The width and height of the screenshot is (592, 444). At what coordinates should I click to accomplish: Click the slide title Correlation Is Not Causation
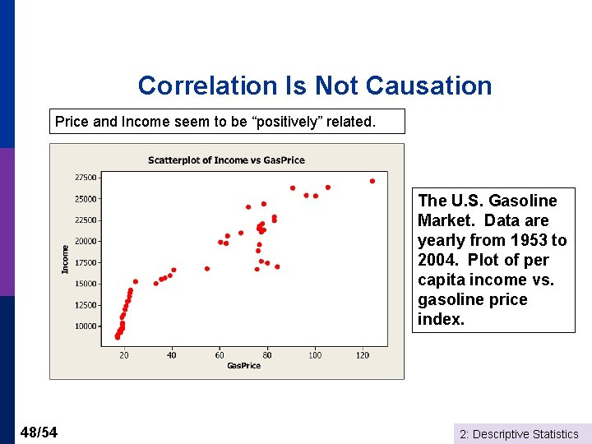click(x=315, y=86)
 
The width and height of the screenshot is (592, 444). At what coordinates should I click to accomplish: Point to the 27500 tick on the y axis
click(x=86, y=178)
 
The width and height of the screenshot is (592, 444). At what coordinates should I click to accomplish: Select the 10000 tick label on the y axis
click(x=86, y=326)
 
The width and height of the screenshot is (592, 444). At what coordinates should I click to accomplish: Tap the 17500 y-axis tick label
click(x=86, y=263)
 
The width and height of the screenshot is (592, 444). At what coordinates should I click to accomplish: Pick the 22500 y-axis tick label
click(x=86, y=220)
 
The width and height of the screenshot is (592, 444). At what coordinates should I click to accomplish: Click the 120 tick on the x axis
click(x=363, y=355)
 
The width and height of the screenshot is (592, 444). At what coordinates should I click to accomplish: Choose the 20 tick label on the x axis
click(x=124, y=355)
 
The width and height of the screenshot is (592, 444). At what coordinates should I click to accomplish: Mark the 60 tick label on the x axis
click(x=220, y=355)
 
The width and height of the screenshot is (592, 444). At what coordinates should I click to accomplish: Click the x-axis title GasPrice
click(x=243, y=366)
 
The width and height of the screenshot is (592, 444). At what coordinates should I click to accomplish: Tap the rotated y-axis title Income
click(x=66, y=260)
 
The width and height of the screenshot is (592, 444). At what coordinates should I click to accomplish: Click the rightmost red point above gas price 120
click(x=372, y=181)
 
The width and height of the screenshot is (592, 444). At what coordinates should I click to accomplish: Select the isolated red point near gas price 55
click(x=207, y=268)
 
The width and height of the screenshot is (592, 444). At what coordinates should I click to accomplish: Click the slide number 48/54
click(x=38, y=432)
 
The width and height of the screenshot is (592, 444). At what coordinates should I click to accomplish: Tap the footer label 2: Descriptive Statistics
click(x=518, y=434)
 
